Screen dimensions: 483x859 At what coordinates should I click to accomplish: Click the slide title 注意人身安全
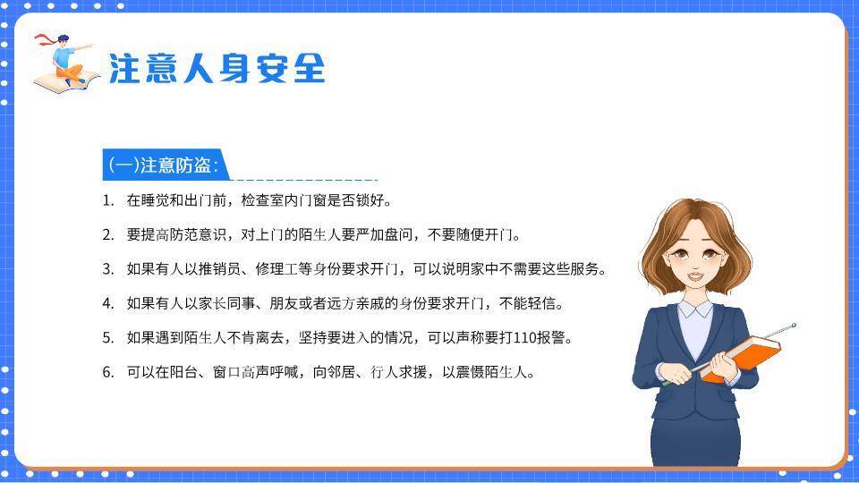pyautogui.click(x=217, y=68)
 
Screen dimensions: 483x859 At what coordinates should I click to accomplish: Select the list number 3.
pyautogui.click(x=107, y=269)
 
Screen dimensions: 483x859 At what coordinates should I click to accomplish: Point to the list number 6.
pyautogui.click(x=107, y=372)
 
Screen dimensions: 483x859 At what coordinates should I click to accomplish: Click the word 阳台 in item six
pyautogui.click(x=191, y=372)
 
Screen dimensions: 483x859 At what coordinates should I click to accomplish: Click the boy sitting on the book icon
pyautogui.click(x=65, y=62)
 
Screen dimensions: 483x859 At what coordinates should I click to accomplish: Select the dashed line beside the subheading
pyautogui.click(x=304, y=180)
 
